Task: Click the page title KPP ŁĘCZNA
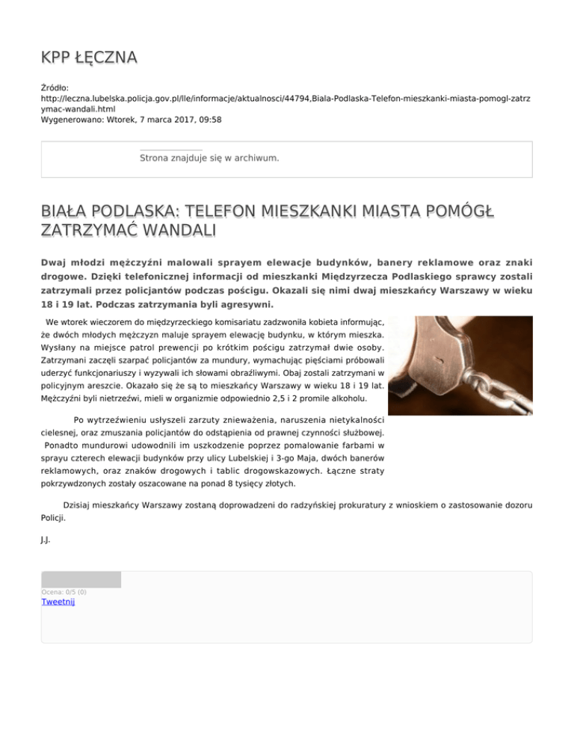89,58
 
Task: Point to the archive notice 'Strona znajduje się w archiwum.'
209,158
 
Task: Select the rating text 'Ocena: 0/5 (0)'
64,592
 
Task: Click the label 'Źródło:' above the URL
55,87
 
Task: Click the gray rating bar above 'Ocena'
81,579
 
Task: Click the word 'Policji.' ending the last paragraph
52,517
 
